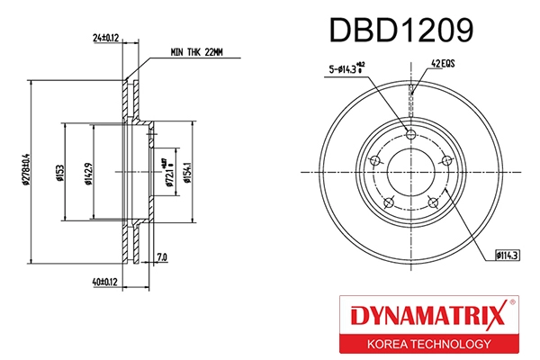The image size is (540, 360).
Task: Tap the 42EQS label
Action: pyautogui.click(x=444, y=64)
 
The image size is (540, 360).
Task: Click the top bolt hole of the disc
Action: pyautogui.click(x=411, y=134)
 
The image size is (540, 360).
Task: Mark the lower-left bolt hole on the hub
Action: pyautogui.click(x=390, y=201)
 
